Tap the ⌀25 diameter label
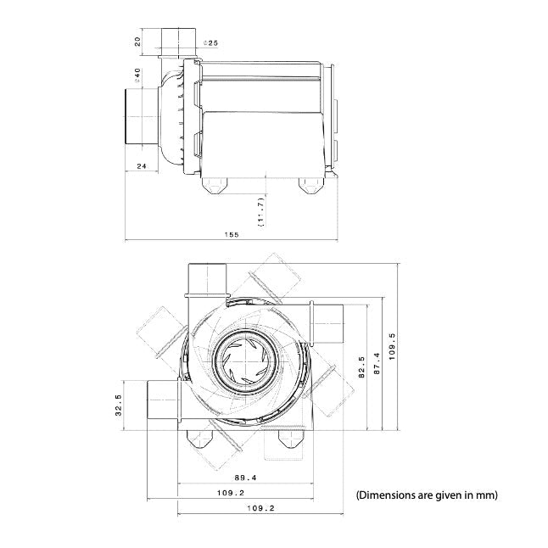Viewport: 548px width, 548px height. pyautogui.click(x=211, y=42)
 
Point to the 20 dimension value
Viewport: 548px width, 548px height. pyautogui.click(x=136, y=41)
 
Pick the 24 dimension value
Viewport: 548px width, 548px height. pyautogui.click(x=142, y=166)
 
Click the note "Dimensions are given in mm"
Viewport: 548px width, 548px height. pyautogui.click(x=427, y=494)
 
